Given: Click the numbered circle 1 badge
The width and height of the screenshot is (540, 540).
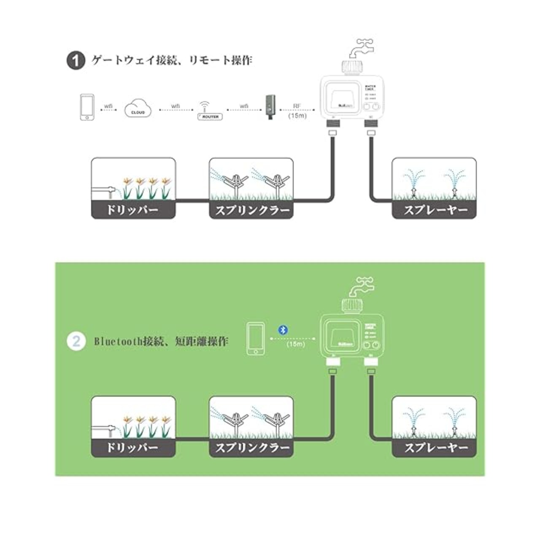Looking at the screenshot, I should tap(76, 61).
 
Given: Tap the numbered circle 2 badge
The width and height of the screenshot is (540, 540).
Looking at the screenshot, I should tap(76, 340).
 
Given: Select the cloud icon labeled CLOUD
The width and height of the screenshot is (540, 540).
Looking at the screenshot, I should tap(138, 108).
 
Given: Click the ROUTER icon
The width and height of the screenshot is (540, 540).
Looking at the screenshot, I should tap(210, 112).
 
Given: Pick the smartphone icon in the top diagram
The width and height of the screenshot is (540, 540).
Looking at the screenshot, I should tap(87, 108).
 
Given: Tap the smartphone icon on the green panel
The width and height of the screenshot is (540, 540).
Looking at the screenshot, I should tap(256, 338).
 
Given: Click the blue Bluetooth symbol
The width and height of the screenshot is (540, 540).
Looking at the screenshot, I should tap(283, 329).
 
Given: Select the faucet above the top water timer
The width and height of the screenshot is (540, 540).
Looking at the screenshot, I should tap(361, 50).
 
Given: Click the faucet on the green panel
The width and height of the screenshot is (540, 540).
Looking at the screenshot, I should tap(361, 288).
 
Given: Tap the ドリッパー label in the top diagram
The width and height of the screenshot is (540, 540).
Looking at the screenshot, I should tap(133, 210).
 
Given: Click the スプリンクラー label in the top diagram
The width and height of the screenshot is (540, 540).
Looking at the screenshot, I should tap(251, 210).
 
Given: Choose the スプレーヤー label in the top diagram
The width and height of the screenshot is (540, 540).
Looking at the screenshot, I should tap(435, 210).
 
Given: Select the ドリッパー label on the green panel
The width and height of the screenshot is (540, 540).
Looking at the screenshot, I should tap(133, 448).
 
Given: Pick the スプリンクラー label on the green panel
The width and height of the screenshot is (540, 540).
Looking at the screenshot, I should tap(251, 448).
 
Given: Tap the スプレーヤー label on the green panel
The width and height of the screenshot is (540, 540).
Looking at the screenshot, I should tap(435, 448).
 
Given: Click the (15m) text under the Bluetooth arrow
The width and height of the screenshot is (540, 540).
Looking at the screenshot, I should tap(295, 344).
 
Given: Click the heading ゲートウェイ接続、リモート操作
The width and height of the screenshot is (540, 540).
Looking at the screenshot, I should tap(172, 60).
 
